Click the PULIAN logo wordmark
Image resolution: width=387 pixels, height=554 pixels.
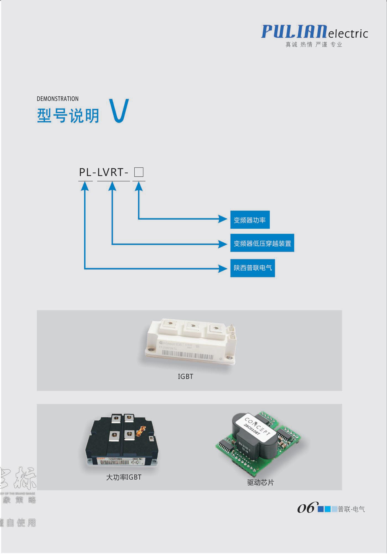coord(294,31)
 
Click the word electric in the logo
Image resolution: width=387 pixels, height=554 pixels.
coord(348,34)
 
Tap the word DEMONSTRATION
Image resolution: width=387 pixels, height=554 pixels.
coord(57,99)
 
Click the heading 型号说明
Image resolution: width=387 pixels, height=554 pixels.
coord(68,116)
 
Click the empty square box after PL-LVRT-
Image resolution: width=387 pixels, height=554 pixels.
coord(139,172)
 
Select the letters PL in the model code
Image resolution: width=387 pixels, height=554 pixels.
coord(85,172)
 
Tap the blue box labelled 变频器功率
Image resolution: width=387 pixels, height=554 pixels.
coord(250,220)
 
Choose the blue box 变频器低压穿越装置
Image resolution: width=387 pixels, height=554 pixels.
coord(262,243)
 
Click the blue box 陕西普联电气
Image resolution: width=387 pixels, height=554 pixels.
coord(253,268)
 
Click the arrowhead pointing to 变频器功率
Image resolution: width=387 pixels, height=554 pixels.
coord(223,219)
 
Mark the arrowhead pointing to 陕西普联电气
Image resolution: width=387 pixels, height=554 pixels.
coord(223,268)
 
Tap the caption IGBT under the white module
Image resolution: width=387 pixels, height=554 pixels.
coord(185,376)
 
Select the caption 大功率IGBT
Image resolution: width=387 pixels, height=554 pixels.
coord(124,477)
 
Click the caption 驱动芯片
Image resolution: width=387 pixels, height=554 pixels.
coord(260,483)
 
